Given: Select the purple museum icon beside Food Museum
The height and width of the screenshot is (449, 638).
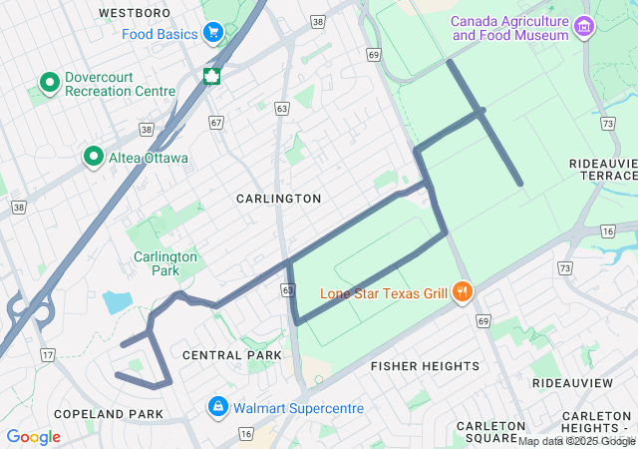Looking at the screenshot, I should click(586, 28).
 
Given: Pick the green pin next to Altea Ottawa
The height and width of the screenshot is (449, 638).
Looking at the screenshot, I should click(94, 157).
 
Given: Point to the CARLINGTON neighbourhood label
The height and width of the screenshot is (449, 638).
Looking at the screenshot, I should click(278, 199).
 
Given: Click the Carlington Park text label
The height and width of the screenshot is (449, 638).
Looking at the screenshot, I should click(165, 263).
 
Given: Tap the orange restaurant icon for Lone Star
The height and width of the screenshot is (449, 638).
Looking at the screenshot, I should click(462, 292).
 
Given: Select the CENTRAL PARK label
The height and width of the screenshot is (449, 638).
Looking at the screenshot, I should click(226, 355).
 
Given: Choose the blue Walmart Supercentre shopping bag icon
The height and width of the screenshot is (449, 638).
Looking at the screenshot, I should click(217, 407).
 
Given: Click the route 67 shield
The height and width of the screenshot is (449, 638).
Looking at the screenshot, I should click(216, 123).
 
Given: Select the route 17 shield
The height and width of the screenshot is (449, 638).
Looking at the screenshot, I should click(47, 354).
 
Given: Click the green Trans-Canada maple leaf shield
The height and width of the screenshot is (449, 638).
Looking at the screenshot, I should click(211, 77).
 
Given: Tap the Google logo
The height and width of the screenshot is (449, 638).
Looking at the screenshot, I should click(33, 437).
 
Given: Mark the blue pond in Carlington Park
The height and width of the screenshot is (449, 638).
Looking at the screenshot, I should click(116, 302).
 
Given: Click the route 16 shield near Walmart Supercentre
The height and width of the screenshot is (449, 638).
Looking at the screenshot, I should click(245, 433).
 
